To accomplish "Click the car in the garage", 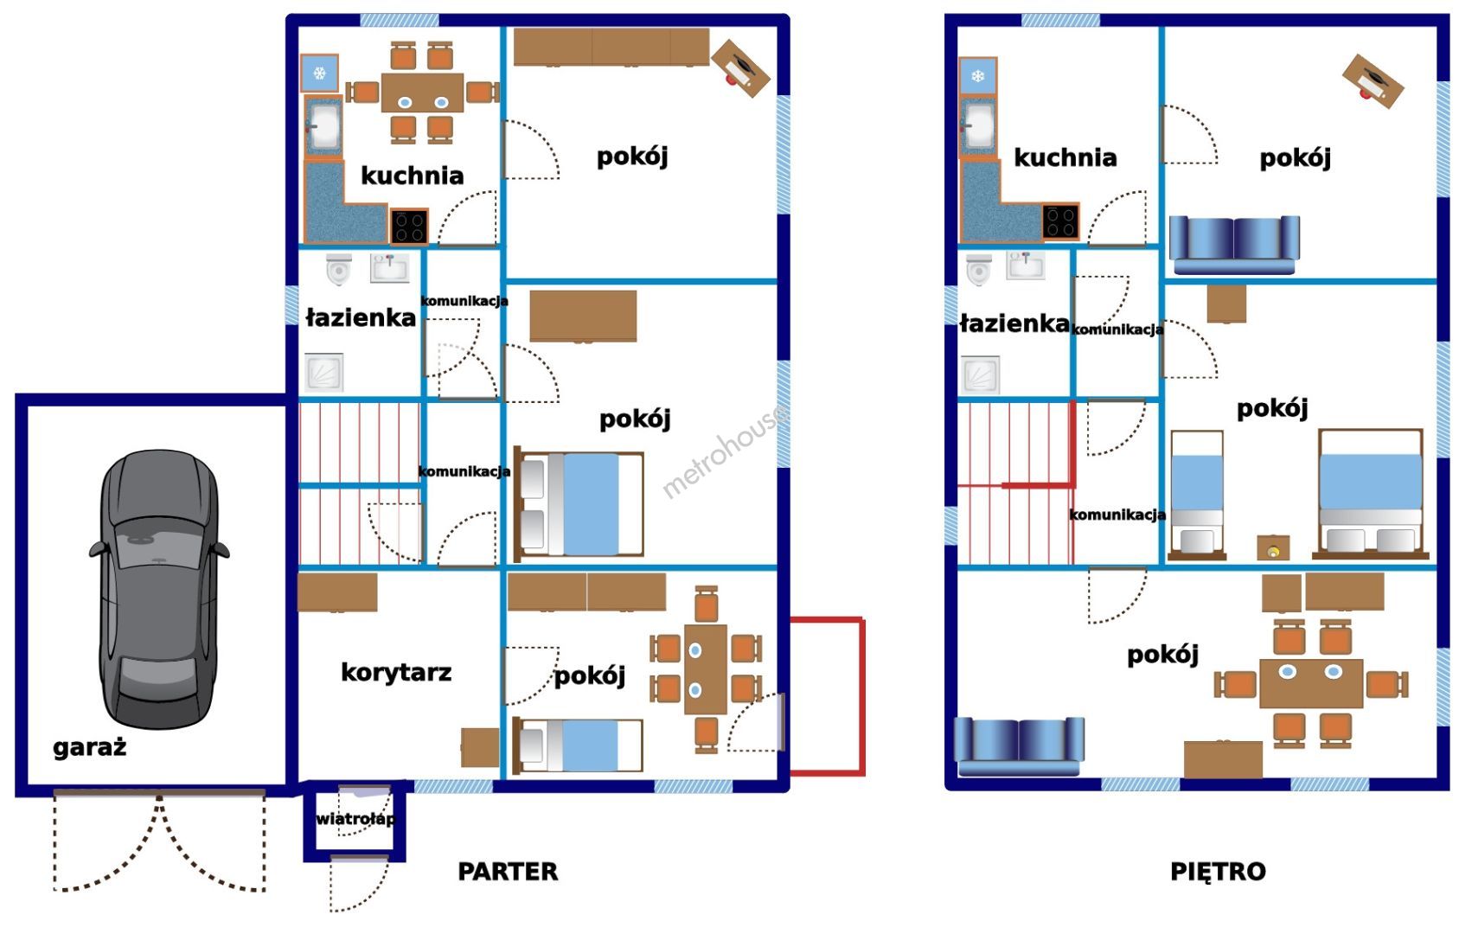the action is coord(160,589).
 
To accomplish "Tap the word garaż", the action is coord(90,747).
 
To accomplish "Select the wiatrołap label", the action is coord(355,819).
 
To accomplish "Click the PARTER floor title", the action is coord(508,872).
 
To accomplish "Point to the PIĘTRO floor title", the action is coord(1218,871).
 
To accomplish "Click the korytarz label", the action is coord(396,672).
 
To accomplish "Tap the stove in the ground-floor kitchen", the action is coord(409,226).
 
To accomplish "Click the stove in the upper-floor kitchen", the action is coord(1060,221).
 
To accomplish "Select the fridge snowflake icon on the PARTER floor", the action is coord(319,73).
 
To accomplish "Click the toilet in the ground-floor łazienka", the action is coord(339,269).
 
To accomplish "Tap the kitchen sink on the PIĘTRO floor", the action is coord(978,125).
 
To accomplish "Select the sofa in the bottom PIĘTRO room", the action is coord(1020,746).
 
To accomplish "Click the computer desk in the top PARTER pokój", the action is coord(740,67).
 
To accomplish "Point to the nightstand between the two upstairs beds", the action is coord(1273,547).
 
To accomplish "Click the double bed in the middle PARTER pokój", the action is coord(579,504).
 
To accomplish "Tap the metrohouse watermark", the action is coord(724,451).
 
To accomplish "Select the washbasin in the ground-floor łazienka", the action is coord(389,268).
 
